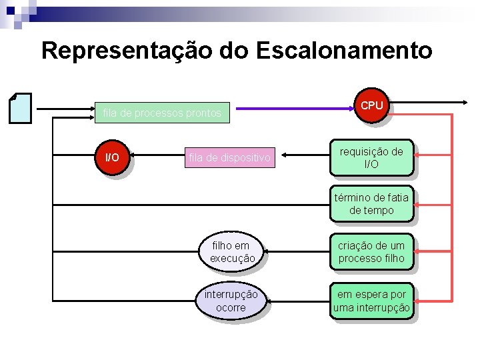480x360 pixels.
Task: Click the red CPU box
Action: (371, 107)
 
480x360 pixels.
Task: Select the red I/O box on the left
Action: (112, 158)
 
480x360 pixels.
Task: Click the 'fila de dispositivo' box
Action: (230, 158)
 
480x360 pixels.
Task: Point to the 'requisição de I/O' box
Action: (371, 158)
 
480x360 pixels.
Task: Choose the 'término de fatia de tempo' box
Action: (371, 204)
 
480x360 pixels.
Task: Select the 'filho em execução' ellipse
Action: (232, 252)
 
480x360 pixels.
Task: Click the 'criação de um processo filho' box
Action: (371, 252)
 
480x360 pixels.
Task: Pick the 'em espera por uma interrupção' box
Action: (371, 301)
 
